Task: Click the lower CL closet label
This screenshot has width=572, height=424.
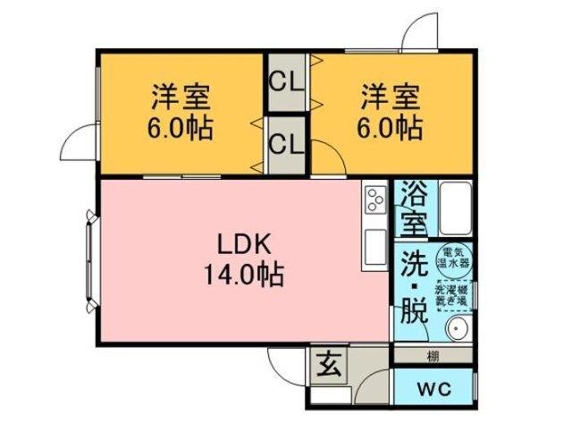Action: click(x=288, y=143)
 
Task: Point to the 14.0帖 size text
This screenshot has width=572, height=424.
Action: click(x=240, y=273)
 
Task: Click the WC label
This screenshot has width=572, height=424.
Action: click(x=433, y=390)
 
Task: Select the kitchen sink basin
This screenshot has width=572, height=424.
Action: click(x=374, y=248)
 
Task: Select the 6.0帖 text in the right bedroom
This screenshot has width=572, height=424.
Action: click(x=391, y=127)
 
